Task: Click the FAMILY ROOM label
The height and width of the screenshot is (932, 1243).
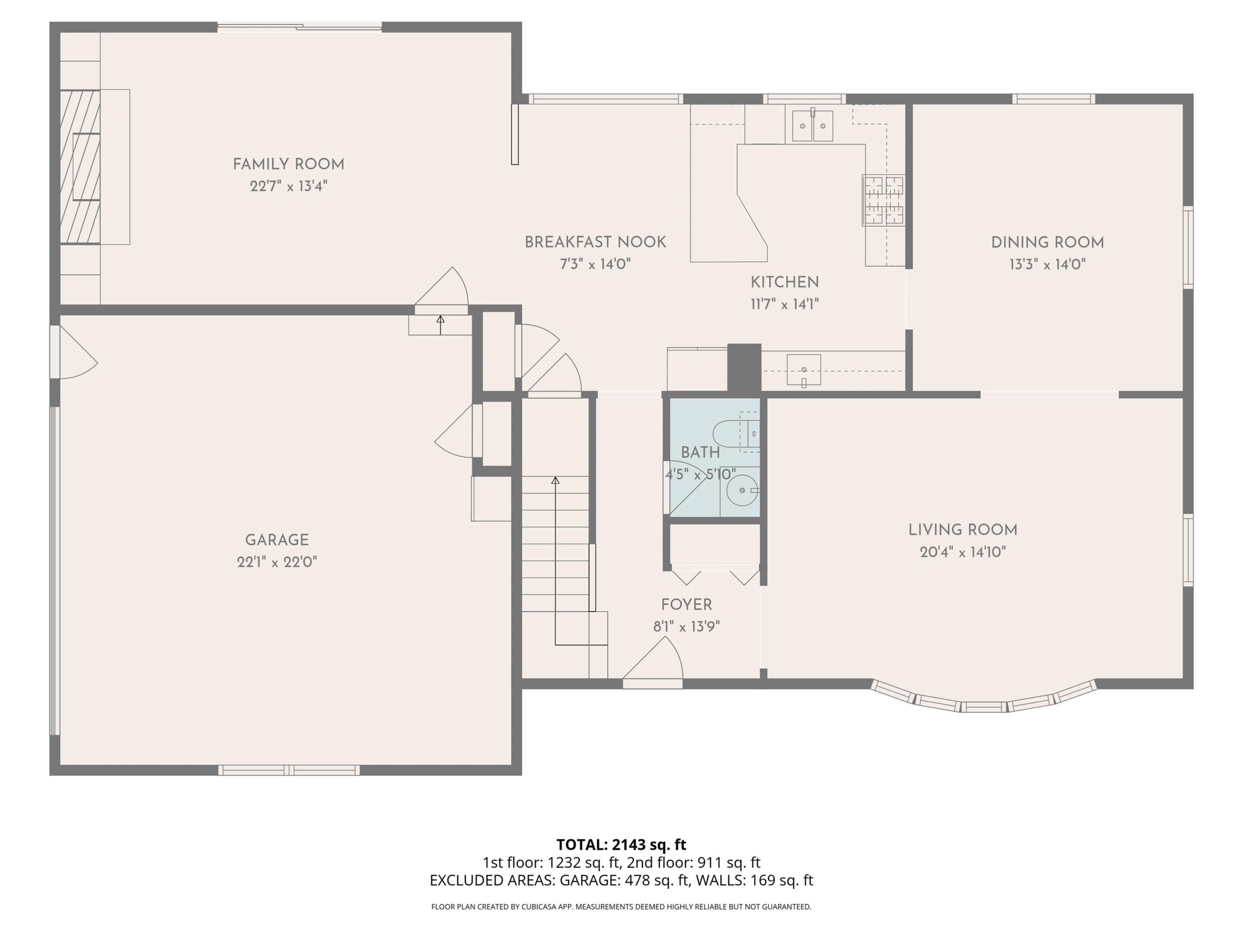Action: (x=288, y=165)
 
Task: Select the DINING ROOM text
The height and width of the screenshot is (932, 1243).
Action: (x=1047, y=243)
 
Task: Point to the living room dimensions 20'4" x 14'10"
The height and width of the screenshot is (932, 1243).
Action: (x=962, y=552)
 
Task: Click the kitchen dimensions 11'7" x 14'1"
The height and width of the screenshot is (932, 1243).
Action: (x=785, y=304)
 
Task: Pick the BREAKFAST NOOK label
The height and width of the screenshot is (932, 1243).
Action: (x=596, y=242)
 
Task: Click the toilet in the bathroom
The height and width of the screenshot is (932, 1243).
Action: (x=737, y=433)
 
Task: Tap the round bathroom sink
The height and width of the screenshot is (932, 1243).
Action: (x=742, y=490)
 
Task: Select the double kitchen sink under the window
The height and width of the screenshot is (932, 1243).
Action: (x=812, y=126)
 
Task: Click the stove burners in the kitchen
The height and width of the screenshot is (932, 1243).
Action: (x=884, y=200)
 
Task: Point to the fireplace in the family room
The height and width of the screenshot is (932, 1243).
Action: (x=80, y=167)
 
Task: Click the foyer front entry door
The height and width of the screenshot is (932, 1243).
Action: (x=653, y=663)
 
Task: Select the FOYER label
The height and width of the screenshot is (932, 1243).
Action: (x=687, y=605)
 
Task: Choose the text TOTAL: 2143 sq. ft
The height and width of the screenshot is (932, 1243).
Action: (x=621, y=844)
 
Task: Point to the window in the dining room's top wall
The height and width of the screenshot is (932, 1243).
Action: (x=1054, y=99)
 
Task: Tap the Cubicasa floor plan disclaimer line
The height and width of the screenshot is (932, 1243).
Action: (x=621, y=906)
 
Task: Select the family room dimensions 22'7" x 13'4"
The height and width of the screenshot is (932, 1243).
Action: (x=288, y=186)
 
